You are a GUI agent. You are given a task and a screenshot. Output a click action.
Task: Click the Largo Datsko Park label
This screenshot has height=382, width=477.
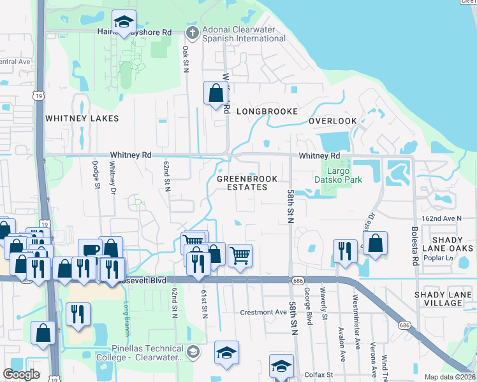point(345,176)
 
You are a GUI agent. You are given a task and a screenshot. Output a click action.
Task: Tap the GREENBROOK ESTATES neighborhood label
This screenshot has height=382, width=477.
point(242,183)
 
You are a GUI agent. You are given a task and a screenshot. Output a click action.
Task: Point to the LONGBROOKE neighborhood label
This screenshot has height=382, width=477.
point(267,111)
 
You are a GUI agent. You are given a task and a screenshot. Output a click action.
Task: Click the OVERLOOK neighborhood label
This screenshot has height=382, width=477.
point(333,121)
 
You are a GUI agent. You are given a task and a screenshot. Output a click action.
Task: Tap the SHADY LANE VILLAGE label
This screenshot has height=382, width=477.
point(447,299)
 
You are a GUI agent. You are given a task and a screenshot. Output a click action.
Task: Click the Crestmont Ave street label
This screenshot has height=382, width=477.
point(263,313)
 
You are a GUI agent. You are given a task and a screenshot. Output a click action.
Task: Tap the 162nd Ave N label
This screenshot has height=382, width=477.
point(441,218)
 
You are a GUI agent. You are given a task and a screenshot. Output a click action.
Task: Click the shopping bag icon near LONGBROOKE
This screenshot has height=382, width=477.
point(216,93)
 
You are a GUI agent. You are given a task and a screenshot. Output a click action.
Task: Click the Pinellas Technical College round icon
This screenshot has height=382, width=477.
point(193,351)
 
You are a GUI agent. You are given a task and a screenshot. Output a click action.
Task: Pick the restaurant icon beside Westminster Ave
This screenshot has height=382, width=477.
point(344,251)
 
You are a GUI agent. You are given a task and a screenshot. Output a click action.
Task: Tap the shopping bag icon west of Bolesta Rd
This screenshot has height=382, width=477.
point(376,243)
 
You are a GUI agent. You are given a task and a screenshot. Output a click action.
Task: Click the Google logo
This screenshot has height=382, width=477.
point(21,374)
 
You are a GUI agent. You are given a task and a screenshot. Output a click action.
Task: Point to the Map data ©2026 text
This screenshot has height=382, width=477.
point(449,377)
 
